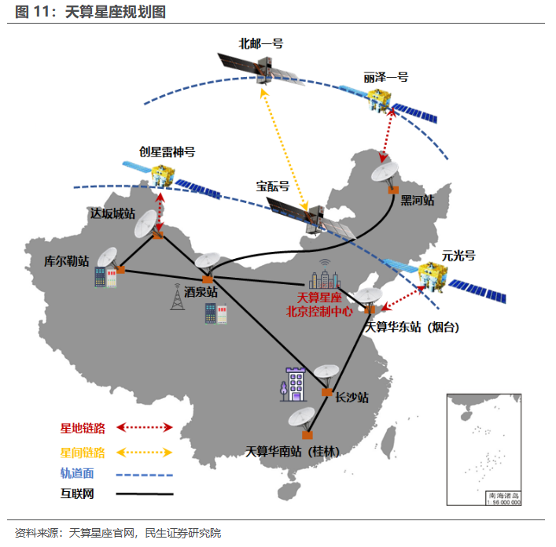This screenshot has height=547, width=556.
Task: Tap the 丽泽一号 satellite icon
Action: click(x=381, y=100)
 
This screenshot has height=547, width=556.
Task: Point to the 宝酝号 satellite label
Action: click(x=272, y=187)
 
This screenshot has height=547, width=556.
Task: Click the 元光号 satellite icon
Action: click(x=435, y=276)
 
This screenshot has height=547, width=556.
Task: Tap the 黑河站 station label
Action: click(x=417, y=200)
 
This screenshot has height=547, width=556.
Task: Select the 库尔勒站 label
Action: click(x=67, y=260)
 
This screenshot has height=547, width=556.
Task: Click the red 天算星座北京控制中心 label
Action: click(x=324, y=303)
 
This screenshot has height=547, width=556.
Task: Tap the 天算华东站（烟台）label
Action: click(x=413, y=327)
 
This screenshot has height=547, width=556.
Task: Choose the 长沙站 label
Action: click(x=352, y=397)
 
